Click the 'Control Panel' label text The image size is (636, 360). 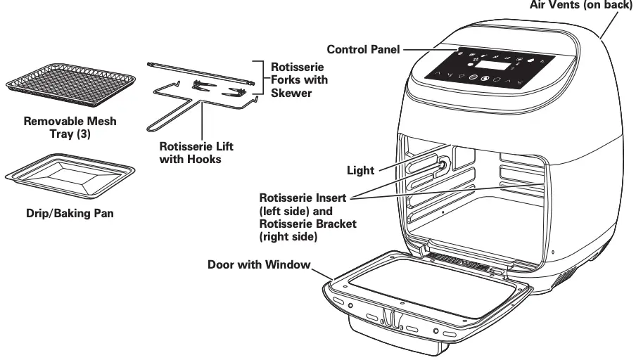click(x=363, y=50)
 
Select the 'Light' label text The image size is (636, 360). click(x=361, y=170)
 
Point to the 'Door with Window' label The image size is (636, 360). click(x=260, y=265)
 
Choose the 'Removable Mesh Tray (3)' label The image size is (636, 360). click(x=70, y=127)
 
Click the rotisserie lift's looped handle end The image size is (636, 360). click(x=158, y=124)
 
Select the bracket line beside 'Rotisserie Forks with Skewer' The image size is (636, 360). click(x=263, y=79)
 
